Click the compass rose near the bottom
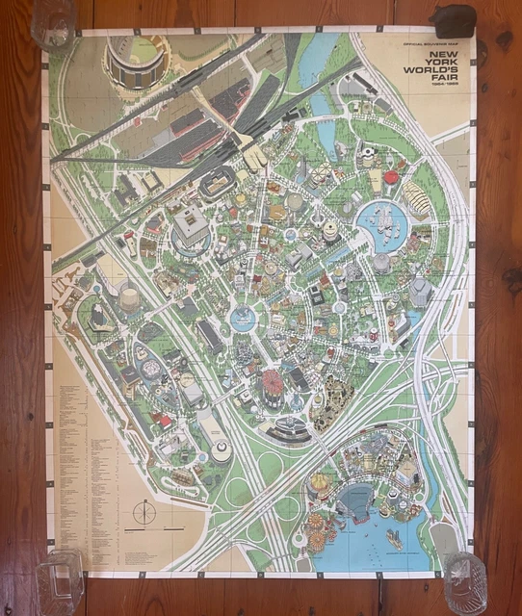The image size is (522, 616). point(144,511)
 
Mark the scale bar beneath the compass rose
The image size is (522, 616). point(144,531)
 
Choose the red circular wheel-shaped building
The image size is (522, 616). point(274,381)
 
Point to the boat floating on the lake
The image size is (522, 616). point(394,539)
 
